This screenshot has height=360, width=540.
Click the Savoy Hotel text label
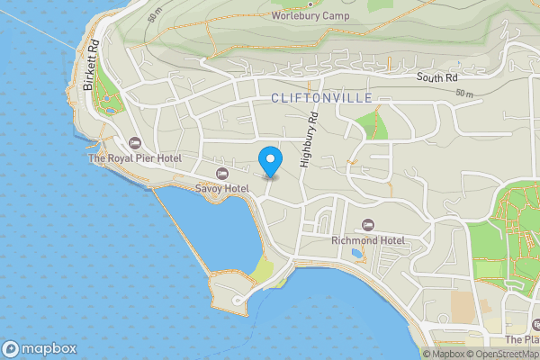(x=221, y=188)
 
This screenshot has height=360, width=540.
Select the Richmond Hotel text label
(x=367, y=240)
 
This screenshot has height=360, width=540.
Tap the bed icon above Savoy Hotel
(x=222, y=173)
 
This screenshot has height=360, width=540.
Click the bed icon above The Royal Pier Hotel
(x=135, y=143)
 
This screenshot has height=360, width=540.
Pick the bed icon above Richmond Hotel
(x=367, y=224)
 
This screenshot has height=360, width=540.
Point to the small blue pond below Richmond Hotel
(x=358, y=254)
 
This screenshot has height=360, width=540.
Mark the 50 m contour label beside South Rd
(x=464, y=93)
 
